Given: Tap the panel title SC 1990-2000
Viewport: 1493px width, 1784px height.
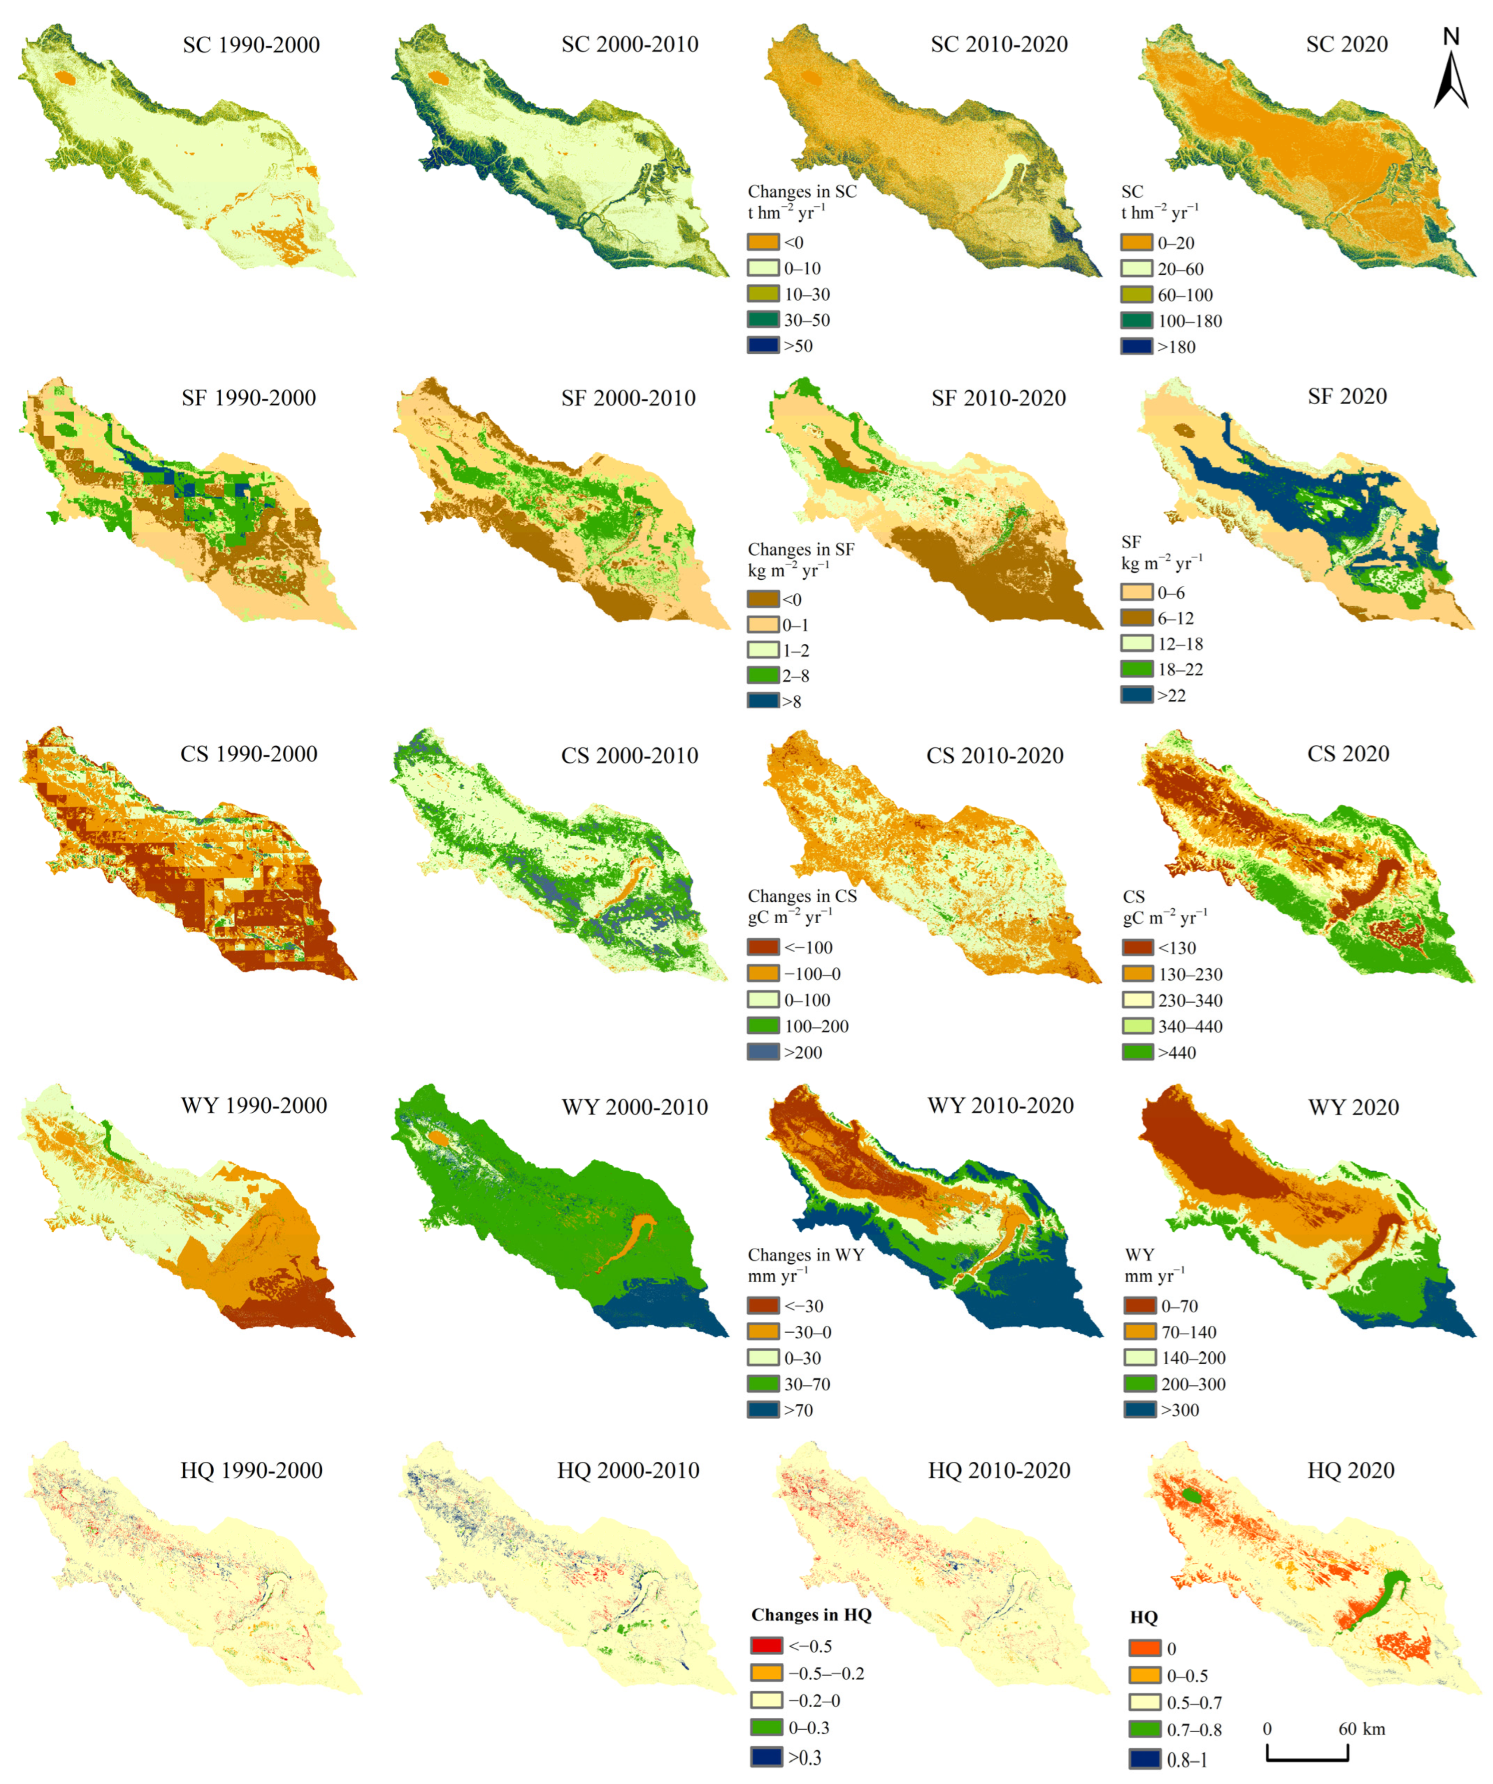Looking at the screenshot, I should [251, 45].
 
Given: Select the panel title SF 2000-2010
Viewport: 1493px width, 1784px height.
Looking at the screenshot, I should [628, 398].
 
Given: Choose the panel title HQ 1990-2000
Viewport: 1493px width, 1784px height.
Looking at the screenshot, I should [251, 1470].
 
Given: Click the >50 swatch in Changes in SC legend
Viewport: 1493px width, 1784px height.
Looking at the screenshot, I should [762, 346].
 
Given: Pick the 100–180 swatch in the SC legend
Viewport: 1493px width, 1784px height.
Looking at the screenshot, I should [1136, 320].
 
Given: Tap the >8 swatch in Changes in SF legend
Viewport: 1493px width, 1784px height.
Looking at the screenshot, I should [762, 701].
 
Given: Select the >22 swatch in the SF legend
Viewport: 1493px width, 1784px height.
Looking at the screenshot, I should [1136, 695].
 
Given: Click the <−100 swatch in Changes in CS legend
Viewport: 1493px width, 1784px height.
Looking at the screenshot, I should [762, 947].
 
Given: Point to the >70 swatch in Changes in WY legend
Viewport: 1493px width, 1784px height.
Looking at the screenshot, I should [762, 1410].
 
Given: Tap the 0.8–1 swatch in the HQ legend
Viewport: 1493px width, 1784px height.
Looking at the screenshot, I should [1144, 1759].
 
